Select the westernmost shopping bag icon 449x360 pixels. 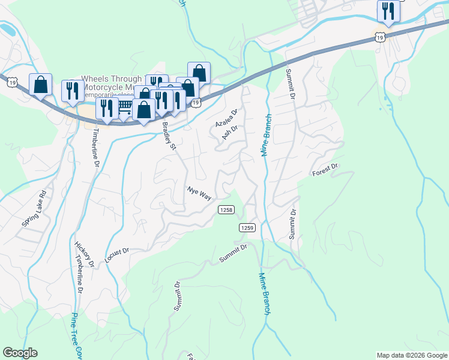pos(40,85)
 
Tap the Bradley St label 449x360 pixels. pos(169,136)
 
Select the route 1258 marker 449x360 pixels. pos(226,209)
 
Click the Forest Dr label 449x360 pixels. pos(326,170)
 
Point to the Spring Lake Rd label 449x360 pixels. pos(34,208)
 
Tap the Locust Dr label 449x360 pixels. pos(117,254)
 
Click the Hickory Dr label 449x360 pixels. pos(84,254)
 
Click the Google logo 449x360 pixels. pos(20,353)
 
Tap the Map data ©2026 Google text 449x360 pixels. pos(411,355)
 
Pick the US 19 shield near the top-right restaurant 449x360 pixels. pos(379,37)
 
